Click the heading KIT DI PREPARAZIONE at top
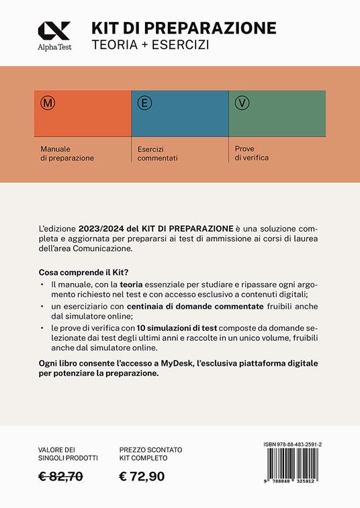point(184,28)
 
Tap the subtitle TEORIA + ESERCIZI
point(151,46)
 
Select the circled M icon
point(48,104)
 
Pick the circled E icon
point(143,103)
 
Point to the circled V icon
point(242,103)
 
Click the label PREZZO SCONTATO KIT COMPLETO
point(150,454)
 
